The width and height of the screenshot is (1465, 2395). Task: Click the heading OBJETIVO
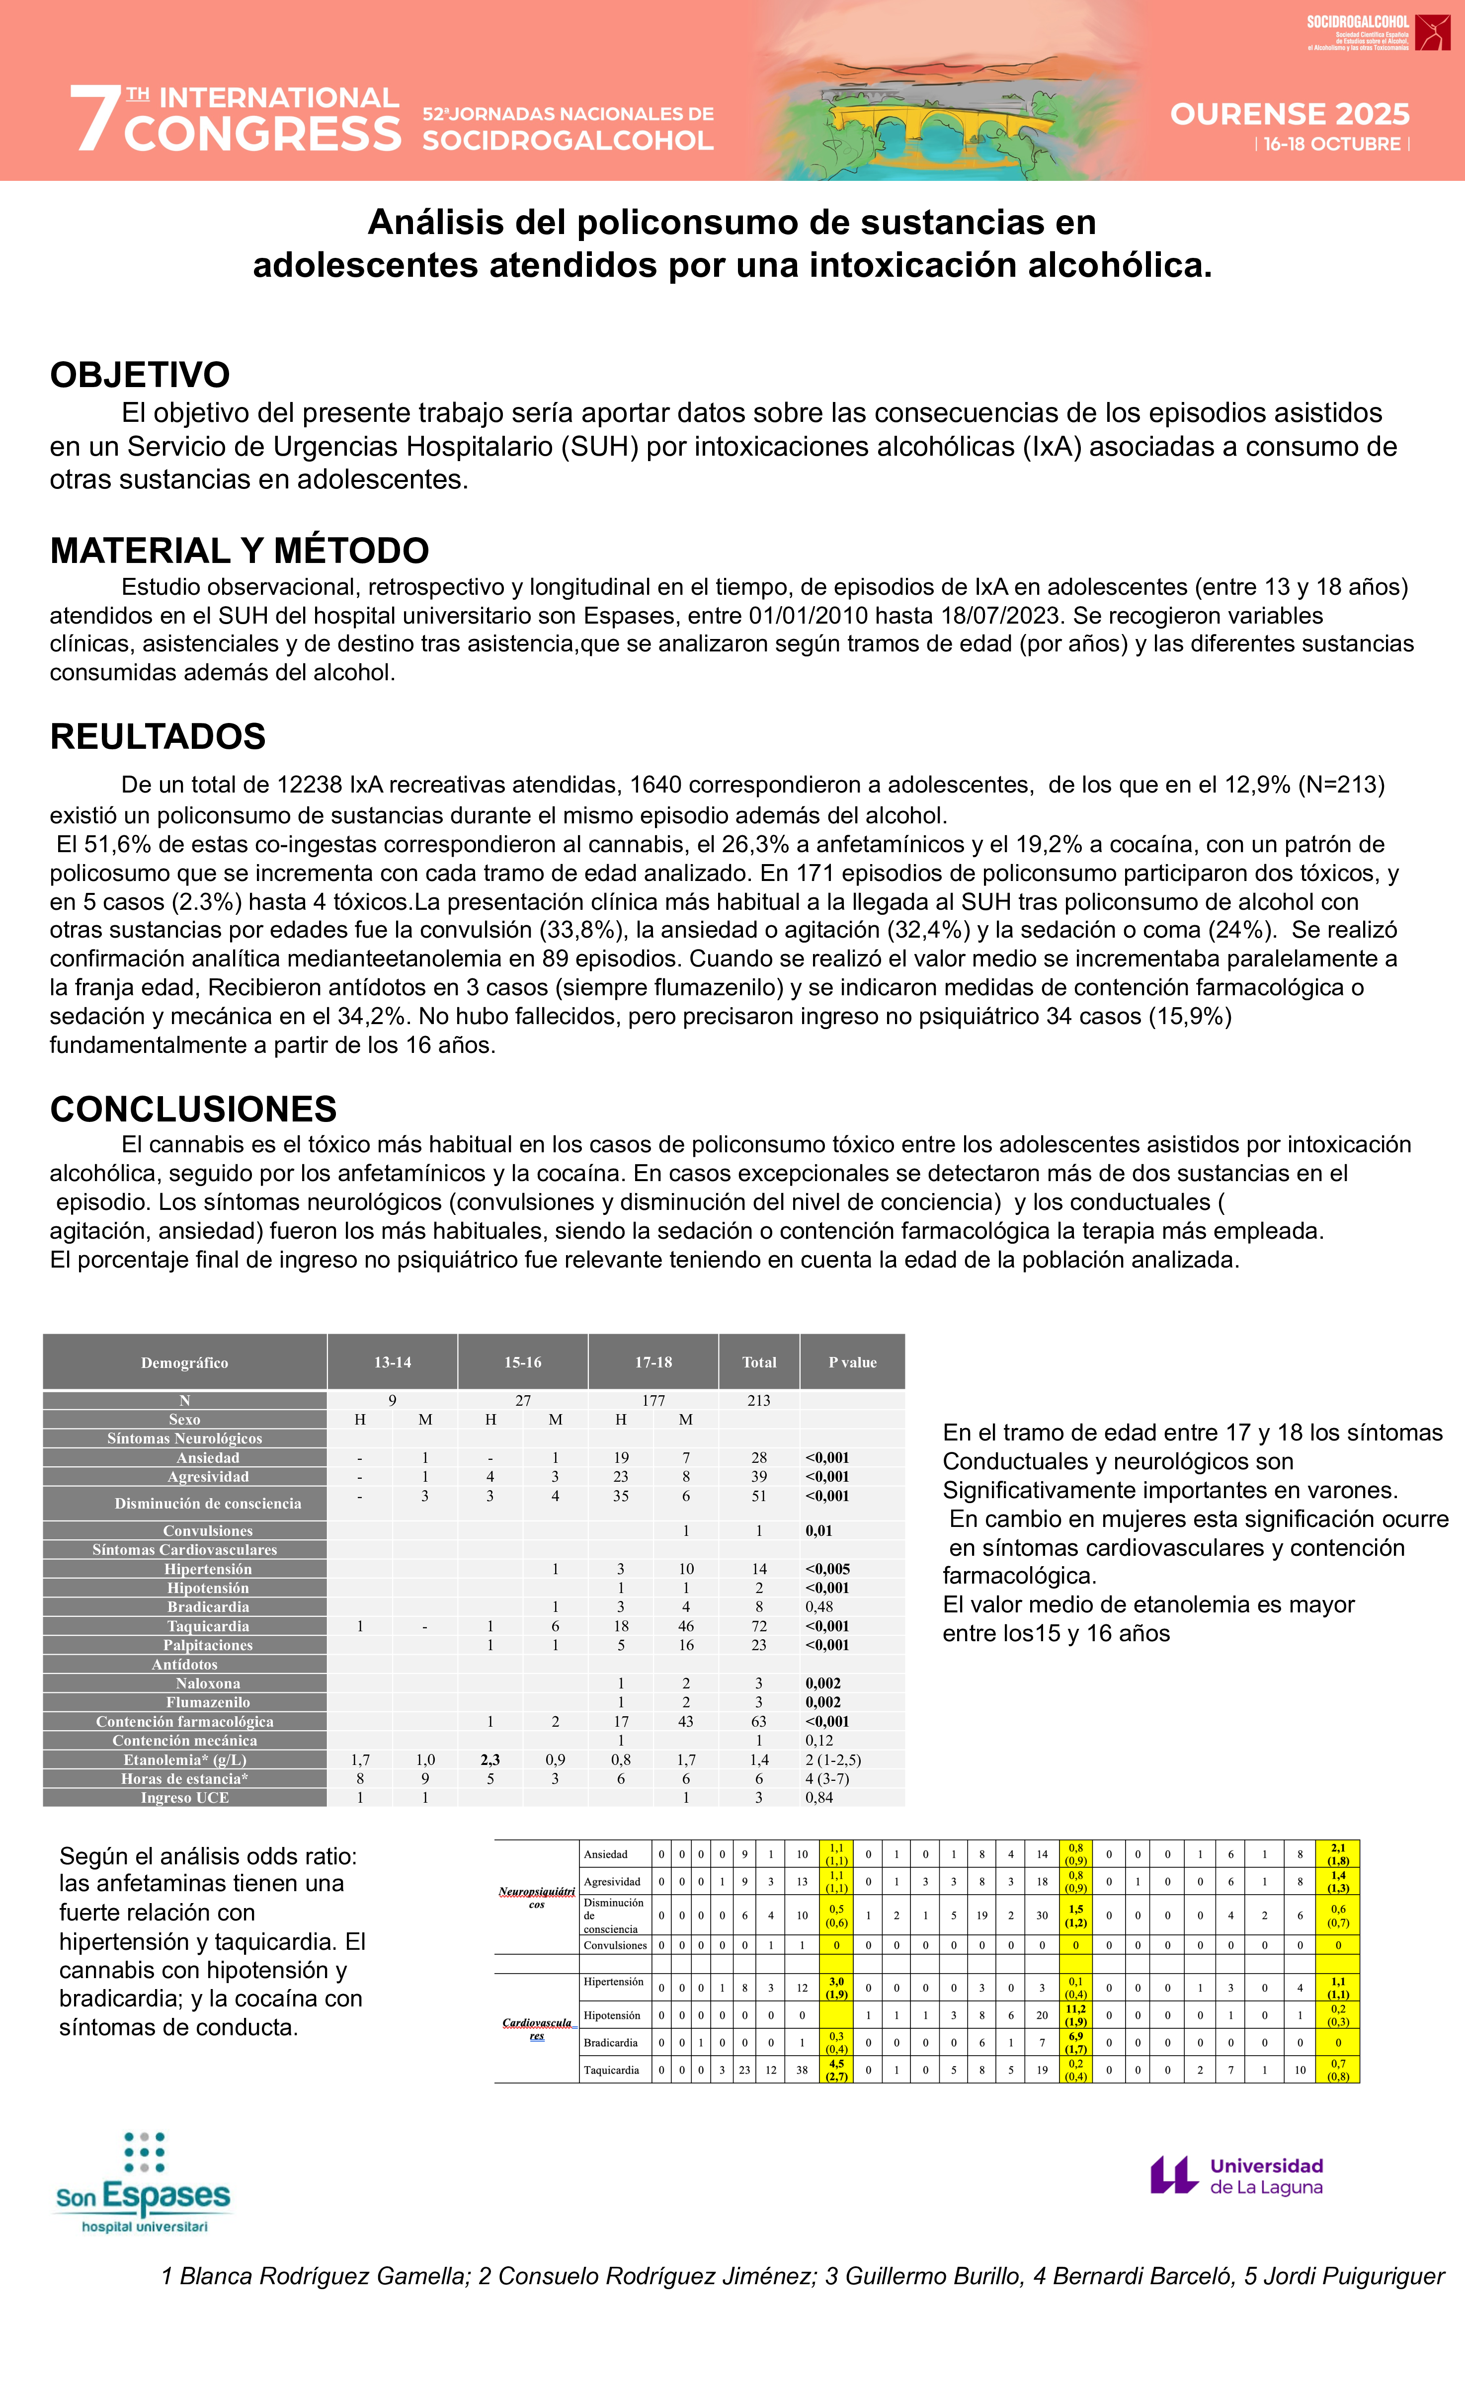[x=140, y=374]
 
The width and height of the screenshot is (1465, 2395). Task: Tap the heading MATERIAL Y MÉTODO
[x=239, y=550]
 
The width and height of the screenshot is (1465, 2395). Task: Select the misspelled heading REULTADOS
[x=158, y=737]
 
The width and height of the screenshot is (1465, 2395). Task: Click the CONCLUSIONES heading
[x=193, y=1109]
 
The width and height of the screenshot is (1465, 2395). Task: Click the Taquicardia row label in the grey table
[x=208, y=1626]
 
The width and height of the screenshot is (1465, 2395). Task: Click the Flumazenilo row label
[x=208, y=1702]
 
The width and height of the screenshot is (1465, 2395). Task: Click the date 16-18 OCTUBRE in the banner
[x=1332, y=145]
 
